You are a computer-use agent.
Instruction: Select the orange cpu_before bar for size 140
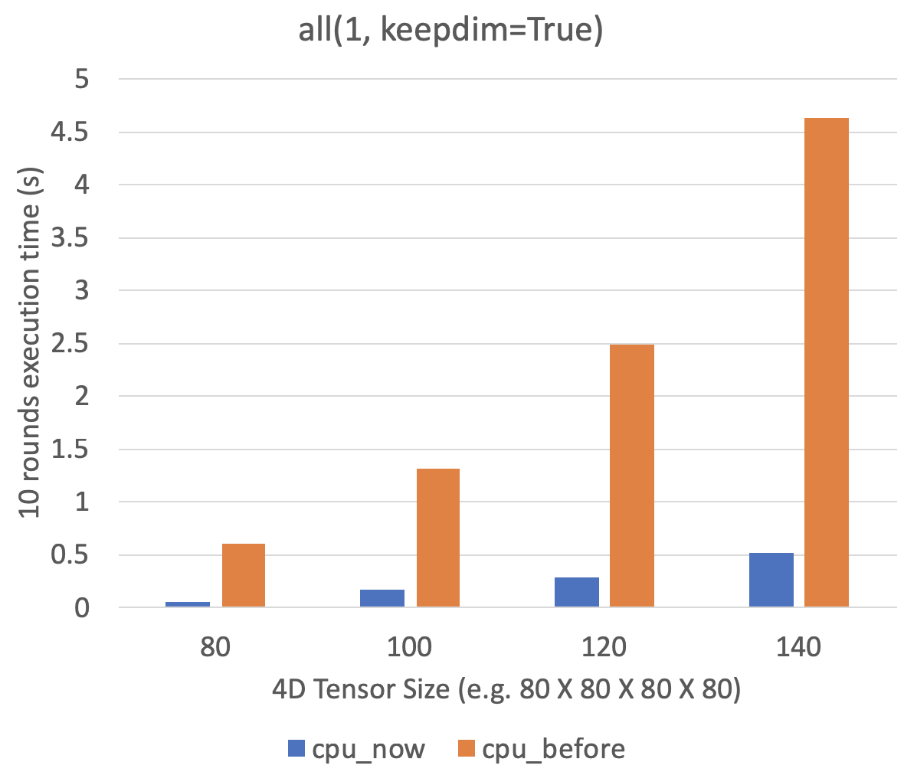[827, 363]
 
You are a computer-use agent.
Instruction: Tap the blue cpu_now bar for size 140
[771, 580]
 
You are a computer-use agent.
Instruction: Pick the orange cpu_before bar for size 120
[632, 476]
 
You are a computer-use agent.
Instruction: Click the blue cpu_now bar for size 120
[577, 593]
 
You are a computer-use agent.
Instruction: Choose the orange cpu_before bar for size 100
[437, 538]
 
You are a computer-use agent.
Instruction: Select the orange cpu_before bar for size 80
[243, 576]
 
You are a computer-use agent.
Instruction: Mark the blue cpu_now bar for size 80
[188, 605]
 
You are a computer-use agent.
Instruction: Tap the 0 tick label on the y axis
[82, 608]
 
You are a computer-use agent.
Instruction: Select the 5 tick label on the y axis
[82, 79]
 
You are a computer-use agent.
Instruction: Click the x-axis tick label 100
[410, 647]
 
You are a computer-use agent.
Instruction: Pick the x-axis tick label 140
[798, 647]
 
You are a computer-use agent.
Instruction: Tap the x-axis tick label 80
[215, 647]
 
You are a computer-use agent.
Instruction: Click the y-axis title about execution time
[31, 342]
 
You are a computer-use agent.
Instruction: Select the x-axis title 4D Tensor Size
[506, 690]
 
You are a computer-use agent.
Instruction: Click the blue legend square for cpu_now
[296, 748]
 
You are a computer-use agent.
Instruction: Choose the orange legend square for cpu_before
[467, 748]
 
